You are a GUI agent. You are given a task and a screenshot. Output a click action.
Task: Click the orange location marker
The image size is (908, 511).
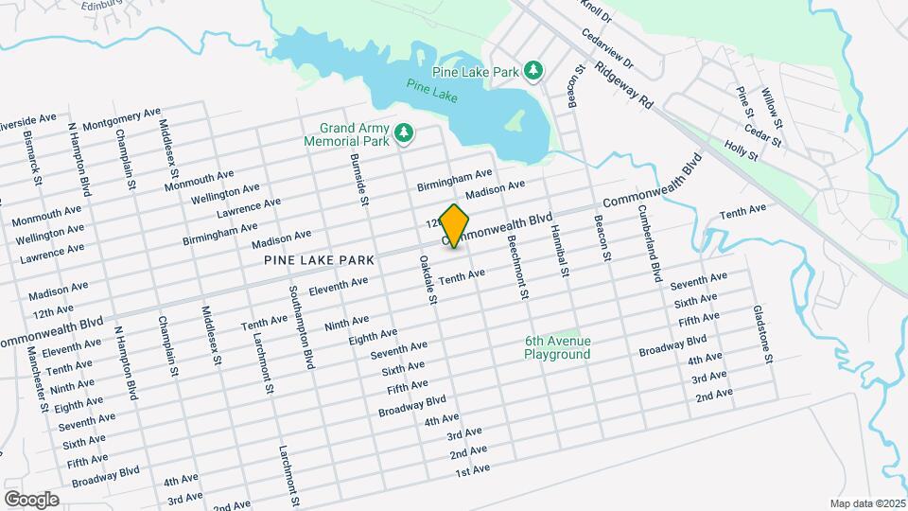(x=455, y=226)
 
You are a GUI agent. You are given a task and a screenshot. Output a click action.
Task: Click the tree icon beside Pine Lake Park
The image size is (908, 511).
(x=533, y=71)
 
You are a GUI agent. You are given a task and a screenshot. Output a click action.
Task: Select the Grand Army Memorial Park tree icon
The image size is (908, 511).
(x=405, y=133)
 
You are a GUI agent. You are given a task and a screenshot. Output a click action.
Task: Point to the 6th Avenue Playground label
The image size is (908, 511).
(x=558, y=347)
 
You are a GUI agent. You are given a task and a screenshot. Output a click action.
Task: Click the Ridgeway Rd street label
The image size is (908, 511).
(x=625, y=84)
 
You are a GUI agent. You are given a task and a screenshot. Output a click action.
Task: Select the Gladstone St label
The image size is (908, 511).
(x=762, y=334)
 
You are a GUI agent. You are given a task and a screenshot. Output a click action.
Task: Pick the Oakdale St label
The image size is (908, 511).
(x=426, y=280)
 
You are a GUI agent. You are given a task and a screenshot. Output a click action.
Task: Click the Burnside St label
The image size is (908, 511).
(x=358, y=180)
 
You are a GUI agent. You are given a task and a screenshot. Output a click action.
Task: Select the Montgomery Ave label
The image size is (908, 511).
(x=121, y=119)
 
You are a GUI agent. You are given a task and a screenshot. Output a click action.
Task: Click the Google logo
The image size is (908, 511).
(x=31, y=499)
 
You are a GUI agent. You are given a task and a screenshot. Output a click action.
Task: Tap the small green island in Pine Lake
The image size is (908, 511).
(x=515, y=120)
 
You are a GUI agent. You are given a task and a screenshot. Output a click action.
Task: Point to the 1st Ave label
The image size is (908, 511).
(x=472, y=470)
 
